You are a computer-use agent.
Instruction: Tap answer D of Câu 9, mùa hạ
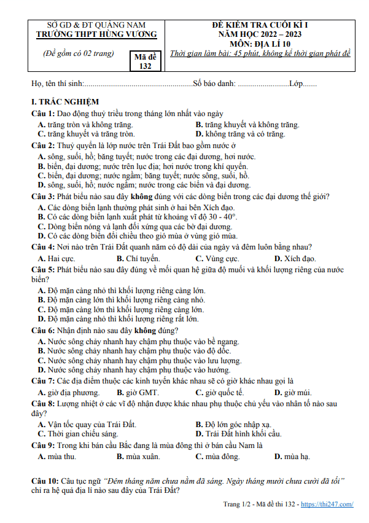[x=292, y=456]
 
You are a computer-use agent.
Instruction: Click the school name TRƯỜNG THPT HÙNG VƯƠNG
[x=96, y=34]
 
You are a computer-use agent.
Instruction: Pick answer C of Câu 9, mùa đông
[x=217, y=456]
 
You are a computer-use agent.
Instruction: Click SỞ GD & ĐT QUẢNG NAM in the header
[x=96, y=25]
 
